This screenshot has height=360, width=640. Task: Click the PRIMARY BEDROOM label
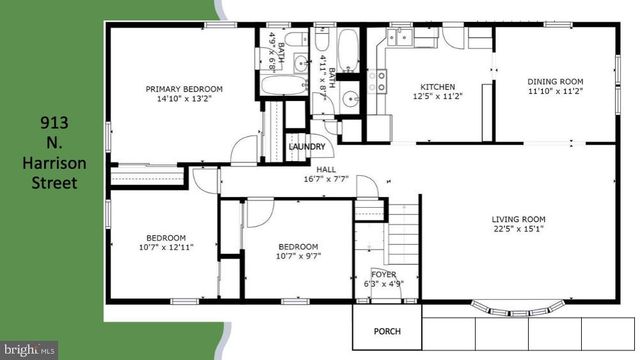[x=183, y=89]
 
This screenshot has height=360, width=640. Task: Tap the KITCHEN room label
[x=437, y=86]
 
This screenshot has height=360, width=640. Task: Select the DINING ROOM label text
[x=556, y=81]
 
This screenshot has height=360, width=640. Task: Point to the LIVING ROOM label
[x=517, y=219]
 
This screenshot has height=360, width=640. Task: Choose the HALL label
[x=325, y=171]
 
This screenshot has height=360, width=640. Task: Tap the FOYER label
[x=384, y=273]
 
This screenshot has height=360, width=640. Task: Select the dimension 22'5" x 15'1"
[x=517, y=229]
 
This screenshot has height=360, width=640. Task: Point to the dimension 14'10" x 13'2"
[x=183, y=99]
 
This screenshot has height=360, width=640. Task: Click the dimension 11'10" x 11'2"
[x=556, y=91]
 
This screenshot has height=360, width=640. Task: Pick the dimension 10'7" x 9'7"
[x=298, y=256]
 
